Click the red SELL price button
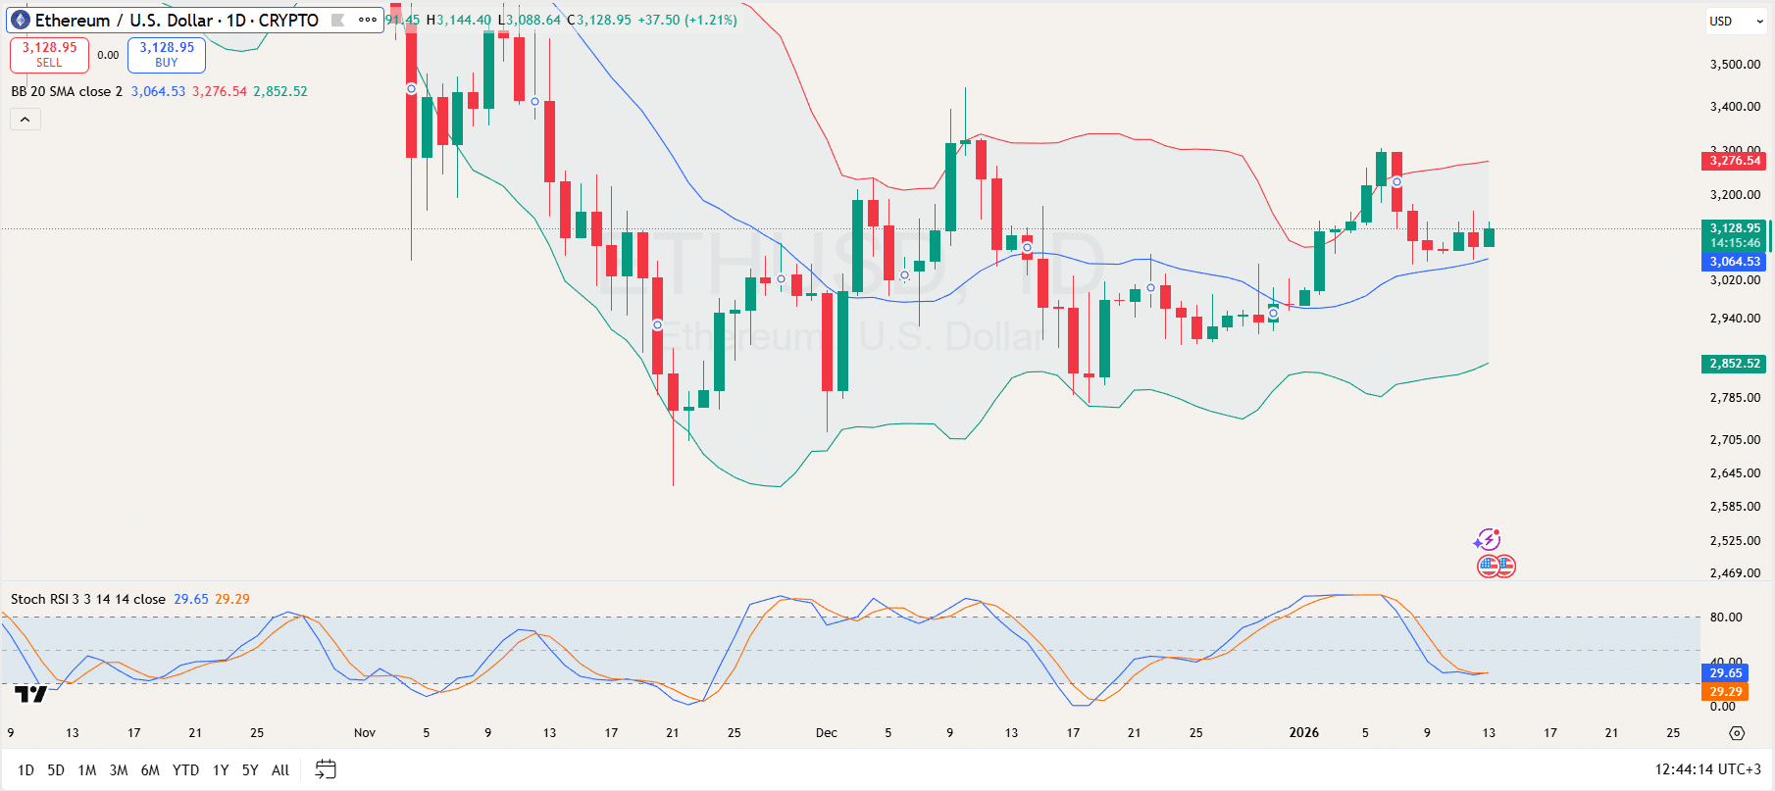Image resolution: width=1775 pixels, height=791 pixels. [x=49, y=55]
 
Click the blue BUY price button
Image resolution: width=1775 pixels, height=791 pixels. [x=167, y=55]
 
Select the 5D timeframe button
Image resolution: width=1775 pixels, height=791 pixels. [x=56, y=770]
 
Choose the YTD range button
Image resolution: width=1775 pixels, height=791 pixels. [x=185, y=770]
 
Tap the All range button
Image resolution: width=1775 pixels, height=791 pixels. [x=280, y=770]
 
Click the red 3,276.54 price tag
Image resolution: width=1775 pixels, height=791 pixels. [x=1735, y=161]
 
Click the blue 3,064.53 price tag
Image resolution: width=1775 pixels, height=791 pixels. [x=1735, y=262]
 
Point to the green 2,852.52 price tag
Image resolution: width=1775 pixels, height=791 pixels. [x=1735, y=364]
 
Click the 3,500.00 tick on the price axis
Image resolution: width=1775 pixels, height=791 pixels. [x=1735, y=65]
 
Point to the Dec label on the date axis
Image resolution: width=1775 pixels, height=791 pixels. [x=827, y=733]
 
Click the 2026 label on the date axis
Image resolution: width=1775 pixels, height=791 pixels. [x=1303, y=733]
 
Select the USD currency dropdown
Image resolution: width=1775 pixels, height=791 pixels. [x=1736, y=21]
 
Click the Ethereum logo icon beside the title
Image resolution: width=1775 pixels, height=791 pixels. [x=21, y=21]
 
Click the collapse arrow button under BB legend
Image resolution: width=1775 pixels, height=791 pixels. [x=25, y=120]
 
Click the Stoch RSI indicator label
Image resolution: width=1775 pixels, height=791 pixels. [x=88, y=599]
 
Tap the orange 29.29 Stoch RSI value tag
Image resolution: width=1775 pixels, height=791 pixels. [x=1726, y=692]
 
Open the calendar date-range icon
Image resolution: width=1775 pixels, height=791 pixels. [x=326, y=770]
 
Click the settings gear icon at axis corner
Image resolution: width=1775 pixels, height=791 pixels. [x=1737, y=733]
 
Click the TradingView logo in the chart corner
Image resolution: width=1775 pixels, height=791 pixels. [x=31, y=694]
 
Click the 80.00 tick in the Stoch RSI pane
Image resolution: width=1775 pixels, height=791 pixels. [x=1726, y=618]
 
